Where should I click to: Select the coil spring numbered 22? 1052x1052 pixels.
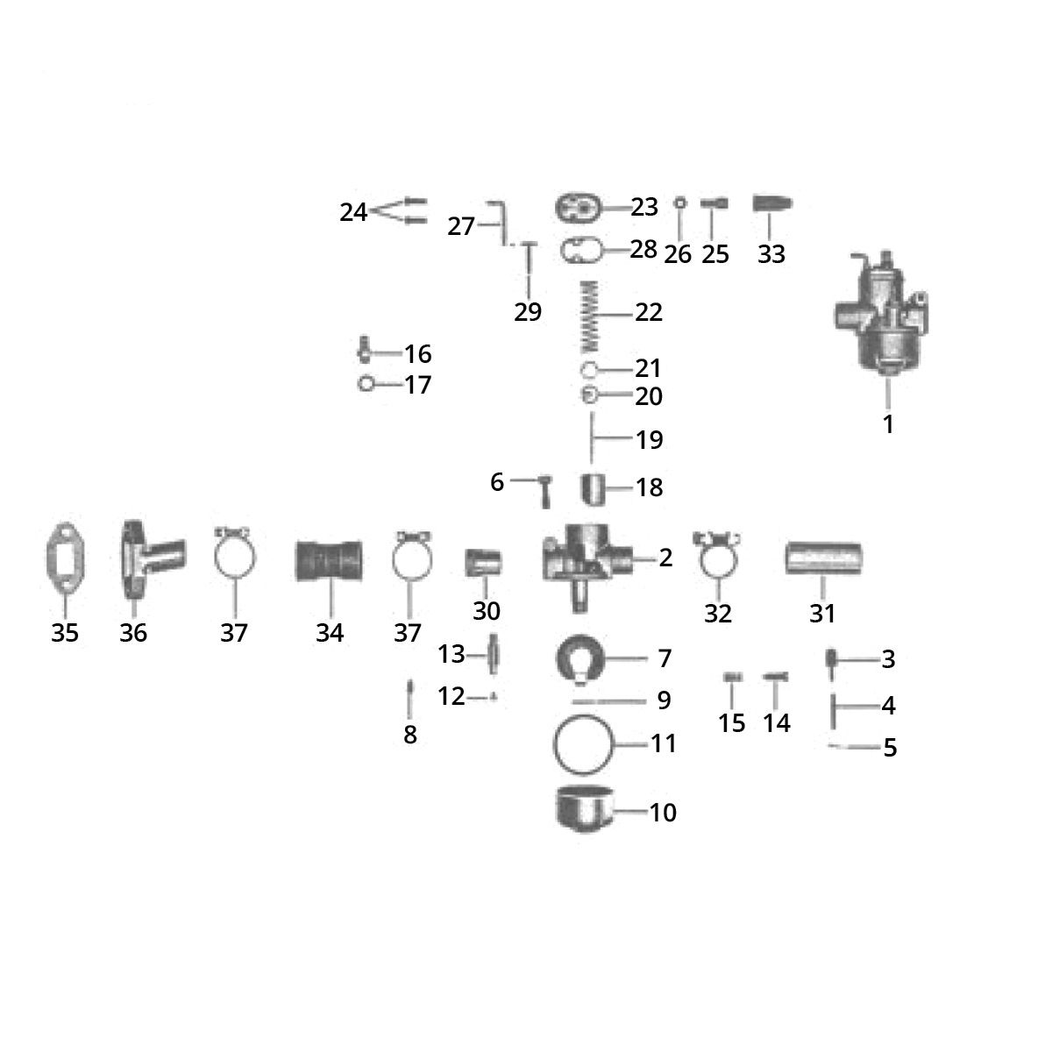[588, 316]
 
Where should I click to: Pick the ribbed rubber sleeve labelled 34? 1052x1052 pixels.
[329, 561]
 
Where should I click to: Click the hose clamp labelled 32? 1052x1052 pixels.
[717, 557]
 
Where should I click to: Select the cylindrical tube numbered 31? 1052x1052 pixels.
[823, 558]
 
